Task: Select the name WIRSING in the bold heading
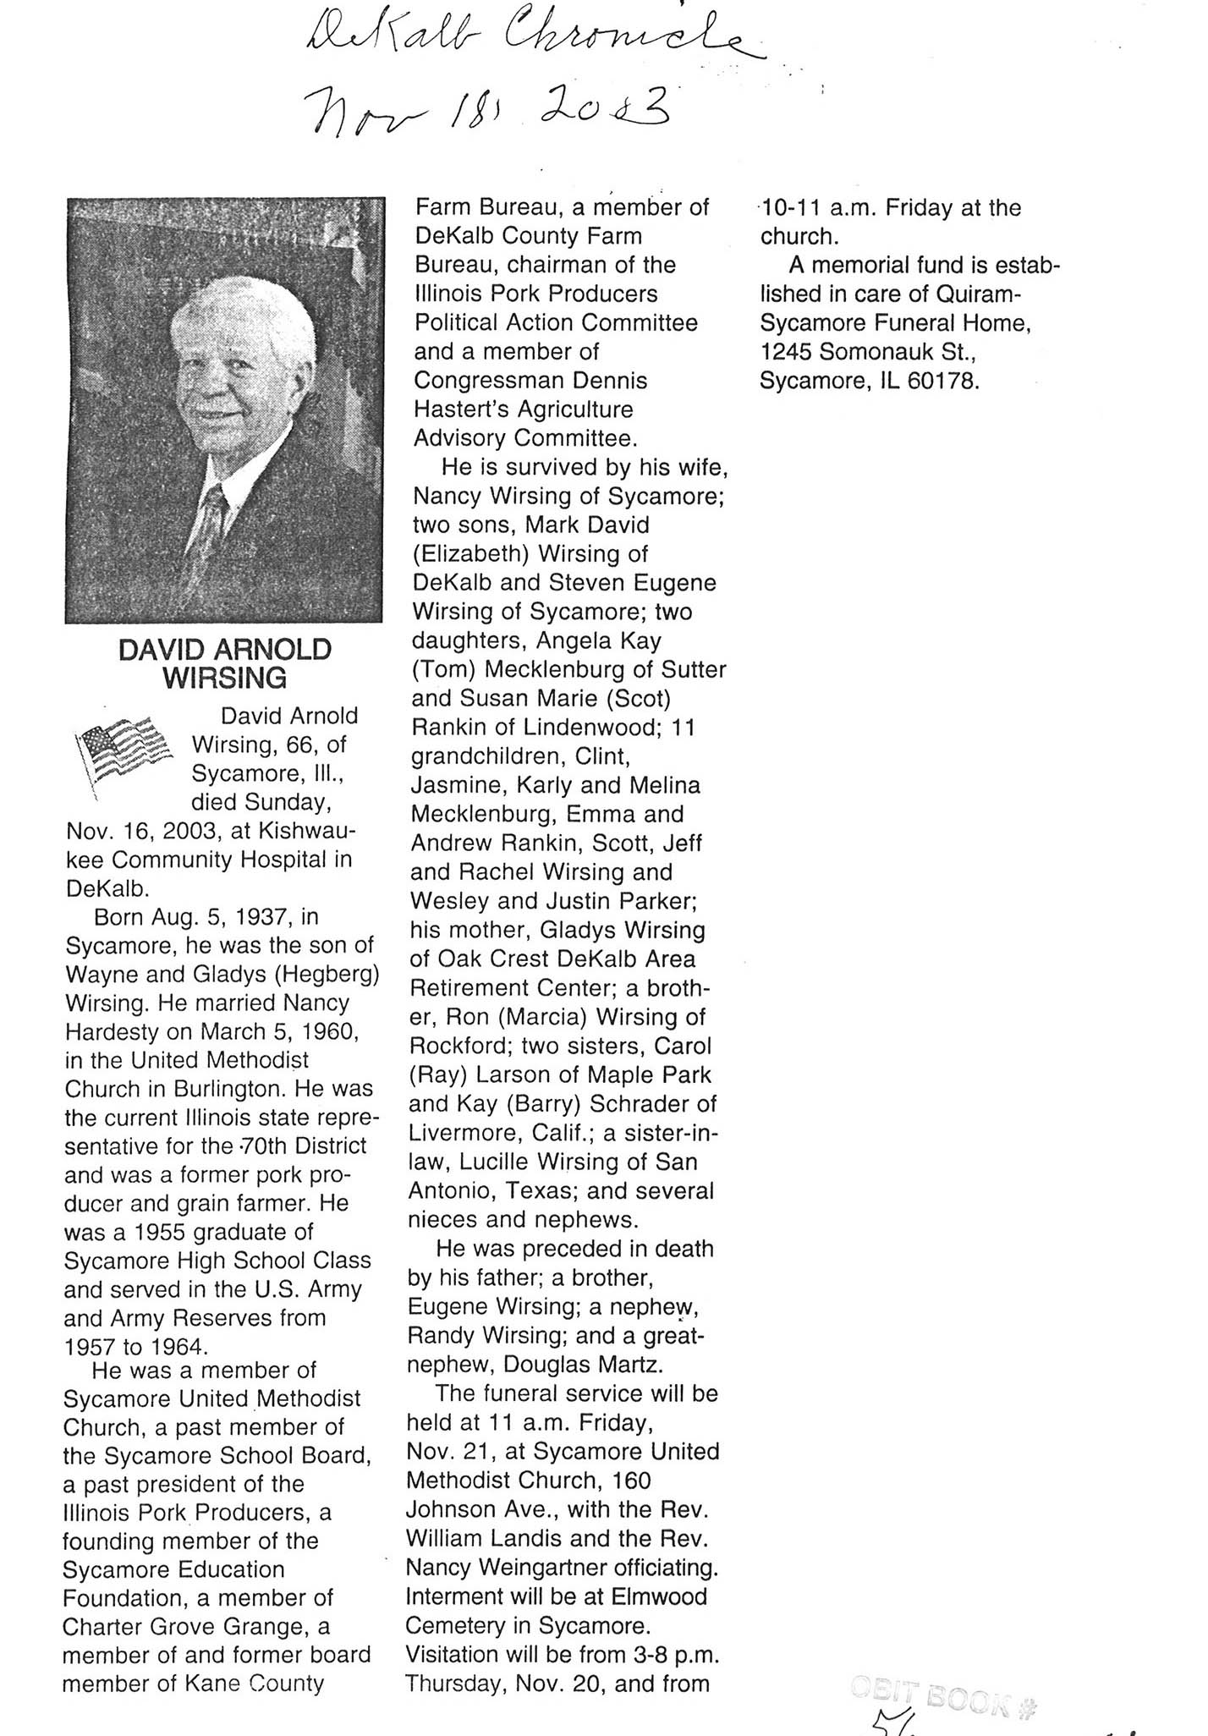tap(224, 678)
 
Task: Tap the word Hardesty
tap(124, 1032)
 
